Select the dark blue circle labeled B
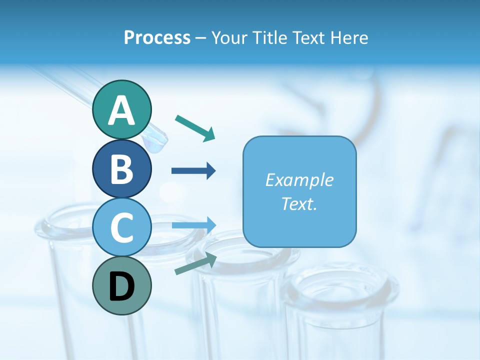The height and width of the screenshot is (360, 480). coord(121,168)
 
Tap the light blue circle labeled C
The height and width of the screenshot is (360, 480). coord(121,227)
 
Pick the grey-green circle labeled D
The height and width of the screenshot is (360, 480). coord(121,286)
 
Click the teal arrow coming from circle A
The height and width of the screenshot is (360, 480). coord(195,128)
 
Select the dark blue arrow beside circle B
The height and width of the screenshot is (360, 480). coord(193,171)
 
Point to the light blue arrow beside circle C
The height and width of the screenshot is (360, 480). coord(194,225)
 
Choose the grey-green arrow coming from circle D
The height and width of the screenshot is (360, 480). coord(195,264)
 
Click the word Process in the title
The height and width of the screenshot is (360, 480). coord(157,38)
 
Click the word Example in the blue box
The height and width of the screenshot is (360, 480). coord(299,180)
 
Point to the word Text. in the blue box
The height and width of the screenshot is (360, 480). coord(299,203)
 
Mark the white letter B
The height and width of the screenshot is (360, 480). coord(121,168)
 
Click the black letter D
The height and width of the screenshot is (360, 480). coord(121,286)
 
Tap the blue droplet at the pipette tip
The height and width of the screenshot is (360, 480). coord(155,143)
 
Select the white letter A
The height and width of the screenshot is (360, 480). coord(121,110)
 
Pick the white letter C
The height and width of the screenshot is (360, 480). coord(121,227)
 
